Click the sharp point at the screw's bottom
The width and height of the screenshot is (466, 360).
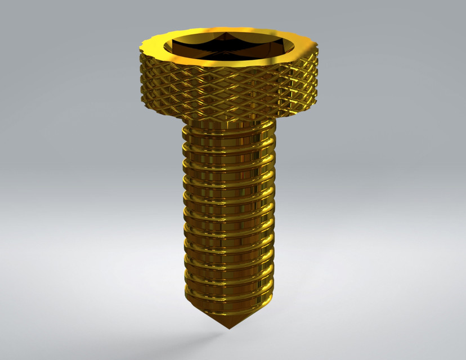[x=228, y=328]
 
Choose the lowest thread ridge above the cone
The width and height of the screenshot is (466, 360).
[x=228, y=298]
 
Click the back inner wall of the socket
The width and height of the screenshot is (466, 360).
[x=228, y=35]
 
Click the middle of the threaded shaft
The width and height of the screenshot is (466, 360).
[x=228, y=214]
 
